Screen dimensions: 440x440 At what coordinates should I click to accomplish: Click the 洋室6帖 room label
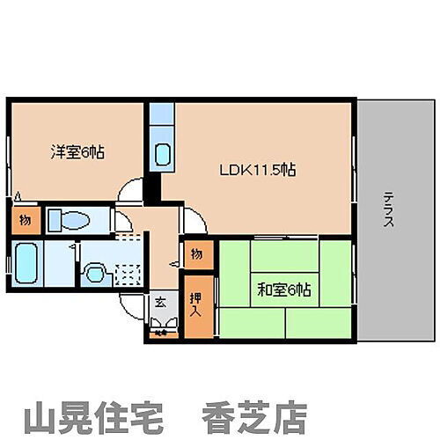tap(77, 152)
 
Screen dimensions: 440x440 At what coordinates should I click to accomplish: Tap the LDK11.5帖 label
tap(257, 170)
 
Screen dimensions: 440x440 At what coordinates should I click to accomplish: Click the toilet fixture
tap(68, 220)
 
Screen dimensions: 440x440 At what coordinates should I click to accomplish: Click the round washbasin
tap(93, 273)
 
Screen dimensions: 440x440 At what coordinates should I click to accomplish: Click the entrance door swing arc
tap(132, 304)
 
